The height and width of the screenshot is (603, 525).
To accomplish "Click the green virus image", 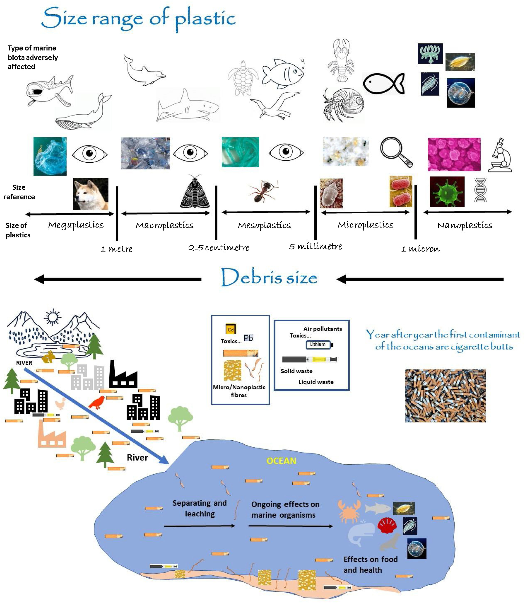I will click(447, 192).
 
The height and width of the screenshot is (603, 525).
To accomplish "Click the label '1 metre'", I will click(116, 249).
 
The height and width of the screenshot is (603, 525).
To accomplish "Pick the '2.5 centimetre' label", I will click(219, 248).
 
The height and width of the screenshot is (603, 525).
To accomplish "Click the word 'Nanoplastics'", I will click(465, 225).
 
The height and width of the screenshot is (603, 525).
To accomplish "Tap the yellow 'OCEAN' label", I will click(281, 461).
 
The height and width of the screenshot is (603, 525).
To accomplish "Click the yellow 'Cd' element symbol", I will click(231, 329).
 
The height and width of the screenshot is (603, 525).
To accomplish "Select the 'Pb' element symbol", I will click(248, 338).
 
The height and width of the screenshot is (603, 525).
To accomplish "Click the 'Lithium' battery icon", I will click(319, 345).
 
